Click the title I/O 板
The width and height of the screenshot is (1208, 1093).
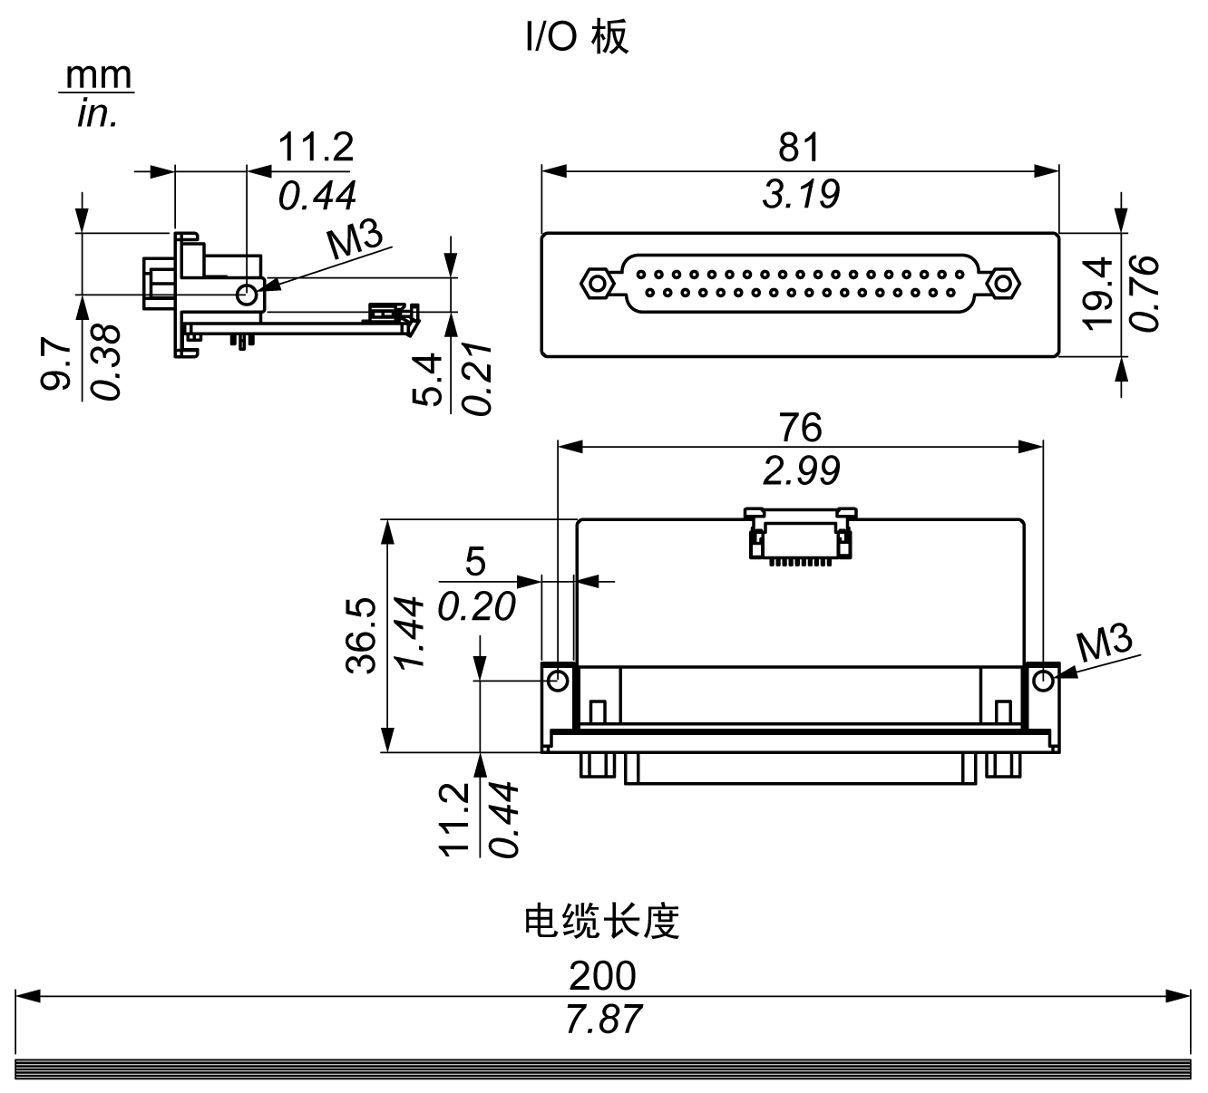pos(577,38)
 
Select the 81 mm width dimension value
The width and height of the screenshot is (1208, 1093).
pos(799,147)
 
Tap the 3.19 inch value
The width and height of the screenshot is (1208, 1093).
pos(801,194)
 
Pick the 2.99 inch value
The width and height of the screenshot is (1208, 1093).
pos(801,470)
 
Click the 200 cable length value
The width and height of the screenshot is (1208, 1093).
pos(602,976)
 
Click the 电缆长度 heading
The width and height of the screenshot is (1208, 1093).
pos(602,922)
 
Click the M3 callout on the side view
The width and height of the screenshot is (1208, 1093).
pos(355,241)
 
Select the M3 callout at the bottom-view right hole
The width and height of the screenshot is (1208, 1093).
pos(1105,645)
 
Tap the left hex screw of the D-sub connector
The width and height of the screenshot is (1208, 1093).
pos(597,284)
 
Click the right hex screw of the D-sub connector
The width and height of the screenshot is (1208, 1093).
pos(1002,284)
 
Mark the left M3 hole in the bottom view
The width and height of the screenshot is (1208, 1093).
pos(559,679)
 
